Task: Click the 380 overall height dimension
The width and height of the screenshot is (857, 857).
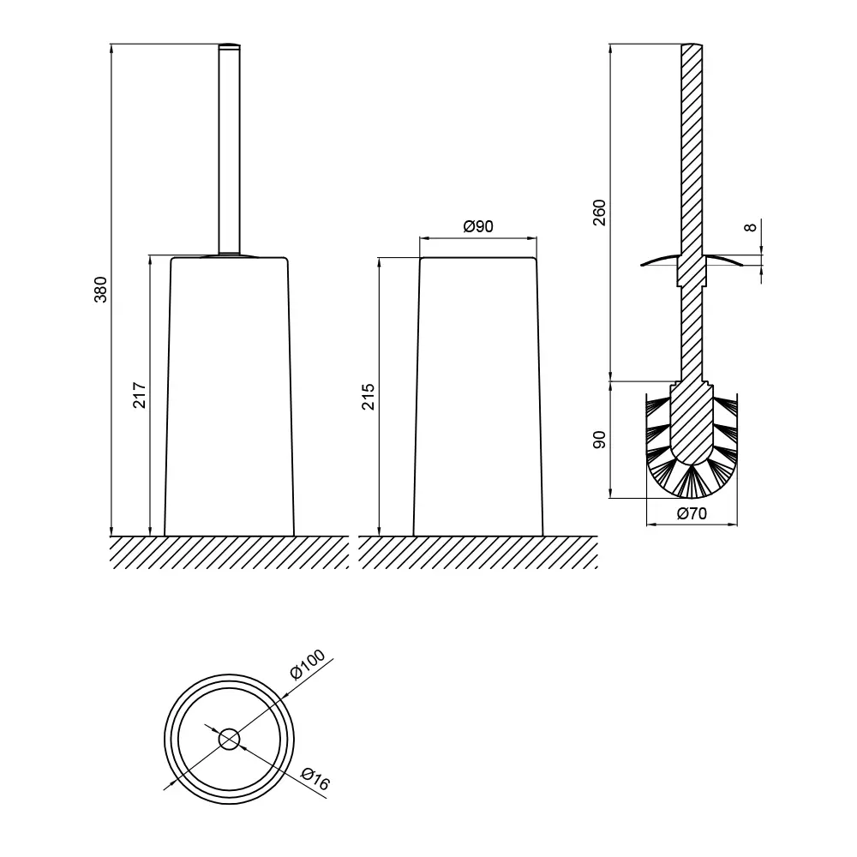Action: [101, 290]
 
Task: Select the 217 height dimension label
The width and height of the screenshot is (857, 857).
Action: [140, 395]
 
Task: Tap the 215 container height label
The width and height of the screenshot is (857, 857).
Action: [369, 397]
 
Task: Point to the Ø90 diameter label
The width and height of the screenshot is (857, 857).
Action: [478, 226]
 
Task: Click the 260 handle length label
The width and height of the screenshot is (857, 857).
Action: [600, 213]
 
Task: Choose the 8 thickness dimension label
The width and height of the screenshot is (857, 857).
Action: [752, 227]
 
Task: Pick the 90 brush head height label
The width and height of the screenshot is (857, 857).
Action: [600, 440]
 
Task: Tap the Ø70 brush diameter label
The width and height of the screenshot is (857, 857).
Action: [692, 513]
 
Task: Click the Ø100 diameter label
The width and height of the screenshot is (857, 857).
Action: [307, 663]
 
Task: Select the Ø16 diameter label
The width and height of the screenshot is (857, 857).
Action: [315, 779]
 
